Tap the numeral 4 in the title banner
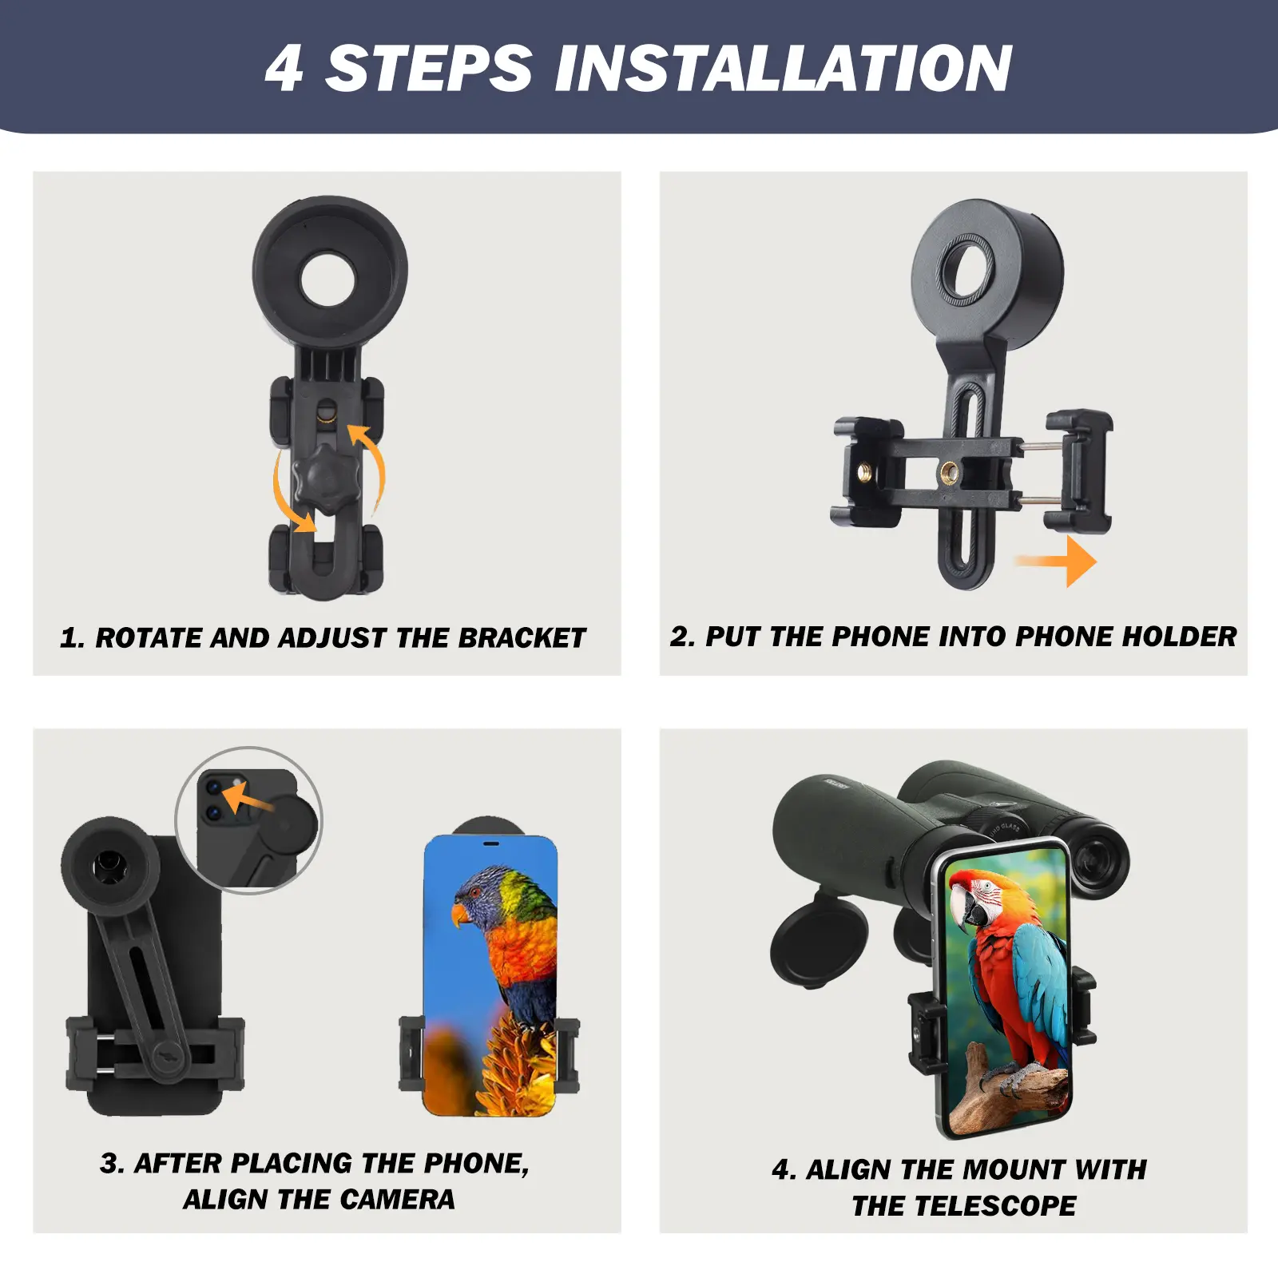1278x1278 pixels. (x=284, y=69)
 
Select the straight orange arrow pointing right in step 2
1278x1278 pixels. (x=1056, y=562)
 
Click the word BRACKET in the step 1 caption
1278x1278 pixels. (x=522, y=638)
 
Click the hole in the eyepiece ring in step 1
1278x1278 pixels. (x=327, y=279)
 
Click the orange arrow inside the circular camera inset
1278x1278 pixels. (x=248, y=799)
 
